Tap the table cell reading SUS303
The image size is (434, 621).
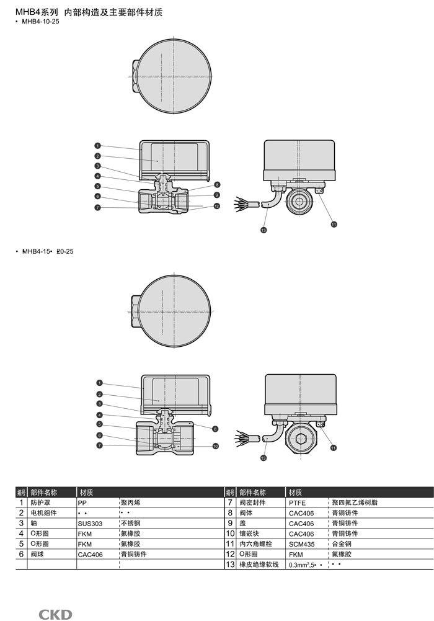click(x=90, y=524)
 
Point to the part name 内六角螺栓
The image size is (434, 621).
click(x=255, y=544)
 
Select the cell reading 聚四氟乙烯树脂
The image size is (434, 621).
click(x=355, y=503)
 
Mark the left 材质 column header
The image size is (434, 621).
click(x=87, y=492)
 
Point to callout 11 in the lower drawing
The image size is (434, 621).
click(x=333, y=447)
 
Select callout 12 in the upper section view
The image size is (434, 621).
click(x=217, y=206)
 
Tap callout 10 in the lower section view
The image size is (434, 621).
click(x=216, y=445)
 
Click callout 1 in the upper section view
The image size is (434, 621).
click(x=98, y=145)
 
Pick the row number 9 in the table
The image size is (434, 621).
click(x=229, y=524)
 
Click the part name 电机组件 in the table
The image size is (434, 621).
click(x=43, y=513)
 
